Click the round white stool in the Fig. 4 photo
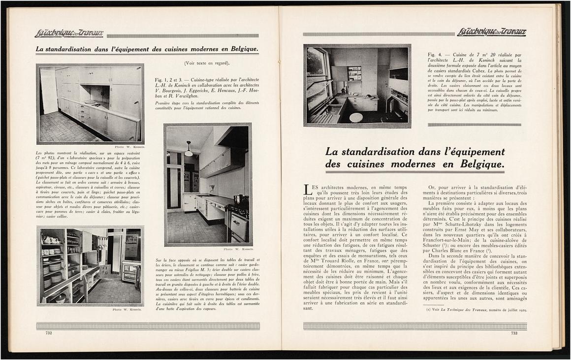[x=356, y=117]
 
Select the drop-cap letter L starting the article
[x=308, y=190]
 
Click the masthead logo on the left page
[x=69, y=33]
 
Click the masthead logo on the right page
[x=491, y=33]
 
